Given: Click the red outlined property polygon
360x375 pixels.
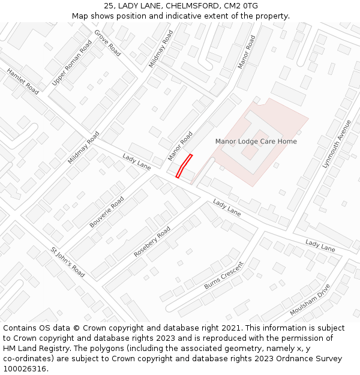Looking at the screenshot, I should click(x=184, y=166).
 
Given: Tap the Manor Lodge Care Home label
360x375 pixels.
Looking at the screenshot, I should click(x=256, y=142).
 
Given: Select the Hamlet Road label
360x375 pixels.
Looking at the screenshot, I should click(x=23, y=81).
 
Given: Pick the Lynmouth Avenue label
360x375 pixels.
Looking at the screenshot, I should click(x=336, y=143).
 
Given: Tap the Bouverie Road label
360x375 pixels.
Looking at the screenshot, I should click(x=107, y=212).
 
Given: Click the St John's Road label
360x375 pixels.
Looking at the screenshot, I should click(x=68, y=262).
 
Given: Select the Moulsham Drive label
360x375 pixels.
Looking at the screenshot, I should click(x=310, y=301).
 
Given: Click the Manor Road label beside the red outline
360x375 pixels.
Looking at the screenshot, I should click(x=180, y=146).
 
